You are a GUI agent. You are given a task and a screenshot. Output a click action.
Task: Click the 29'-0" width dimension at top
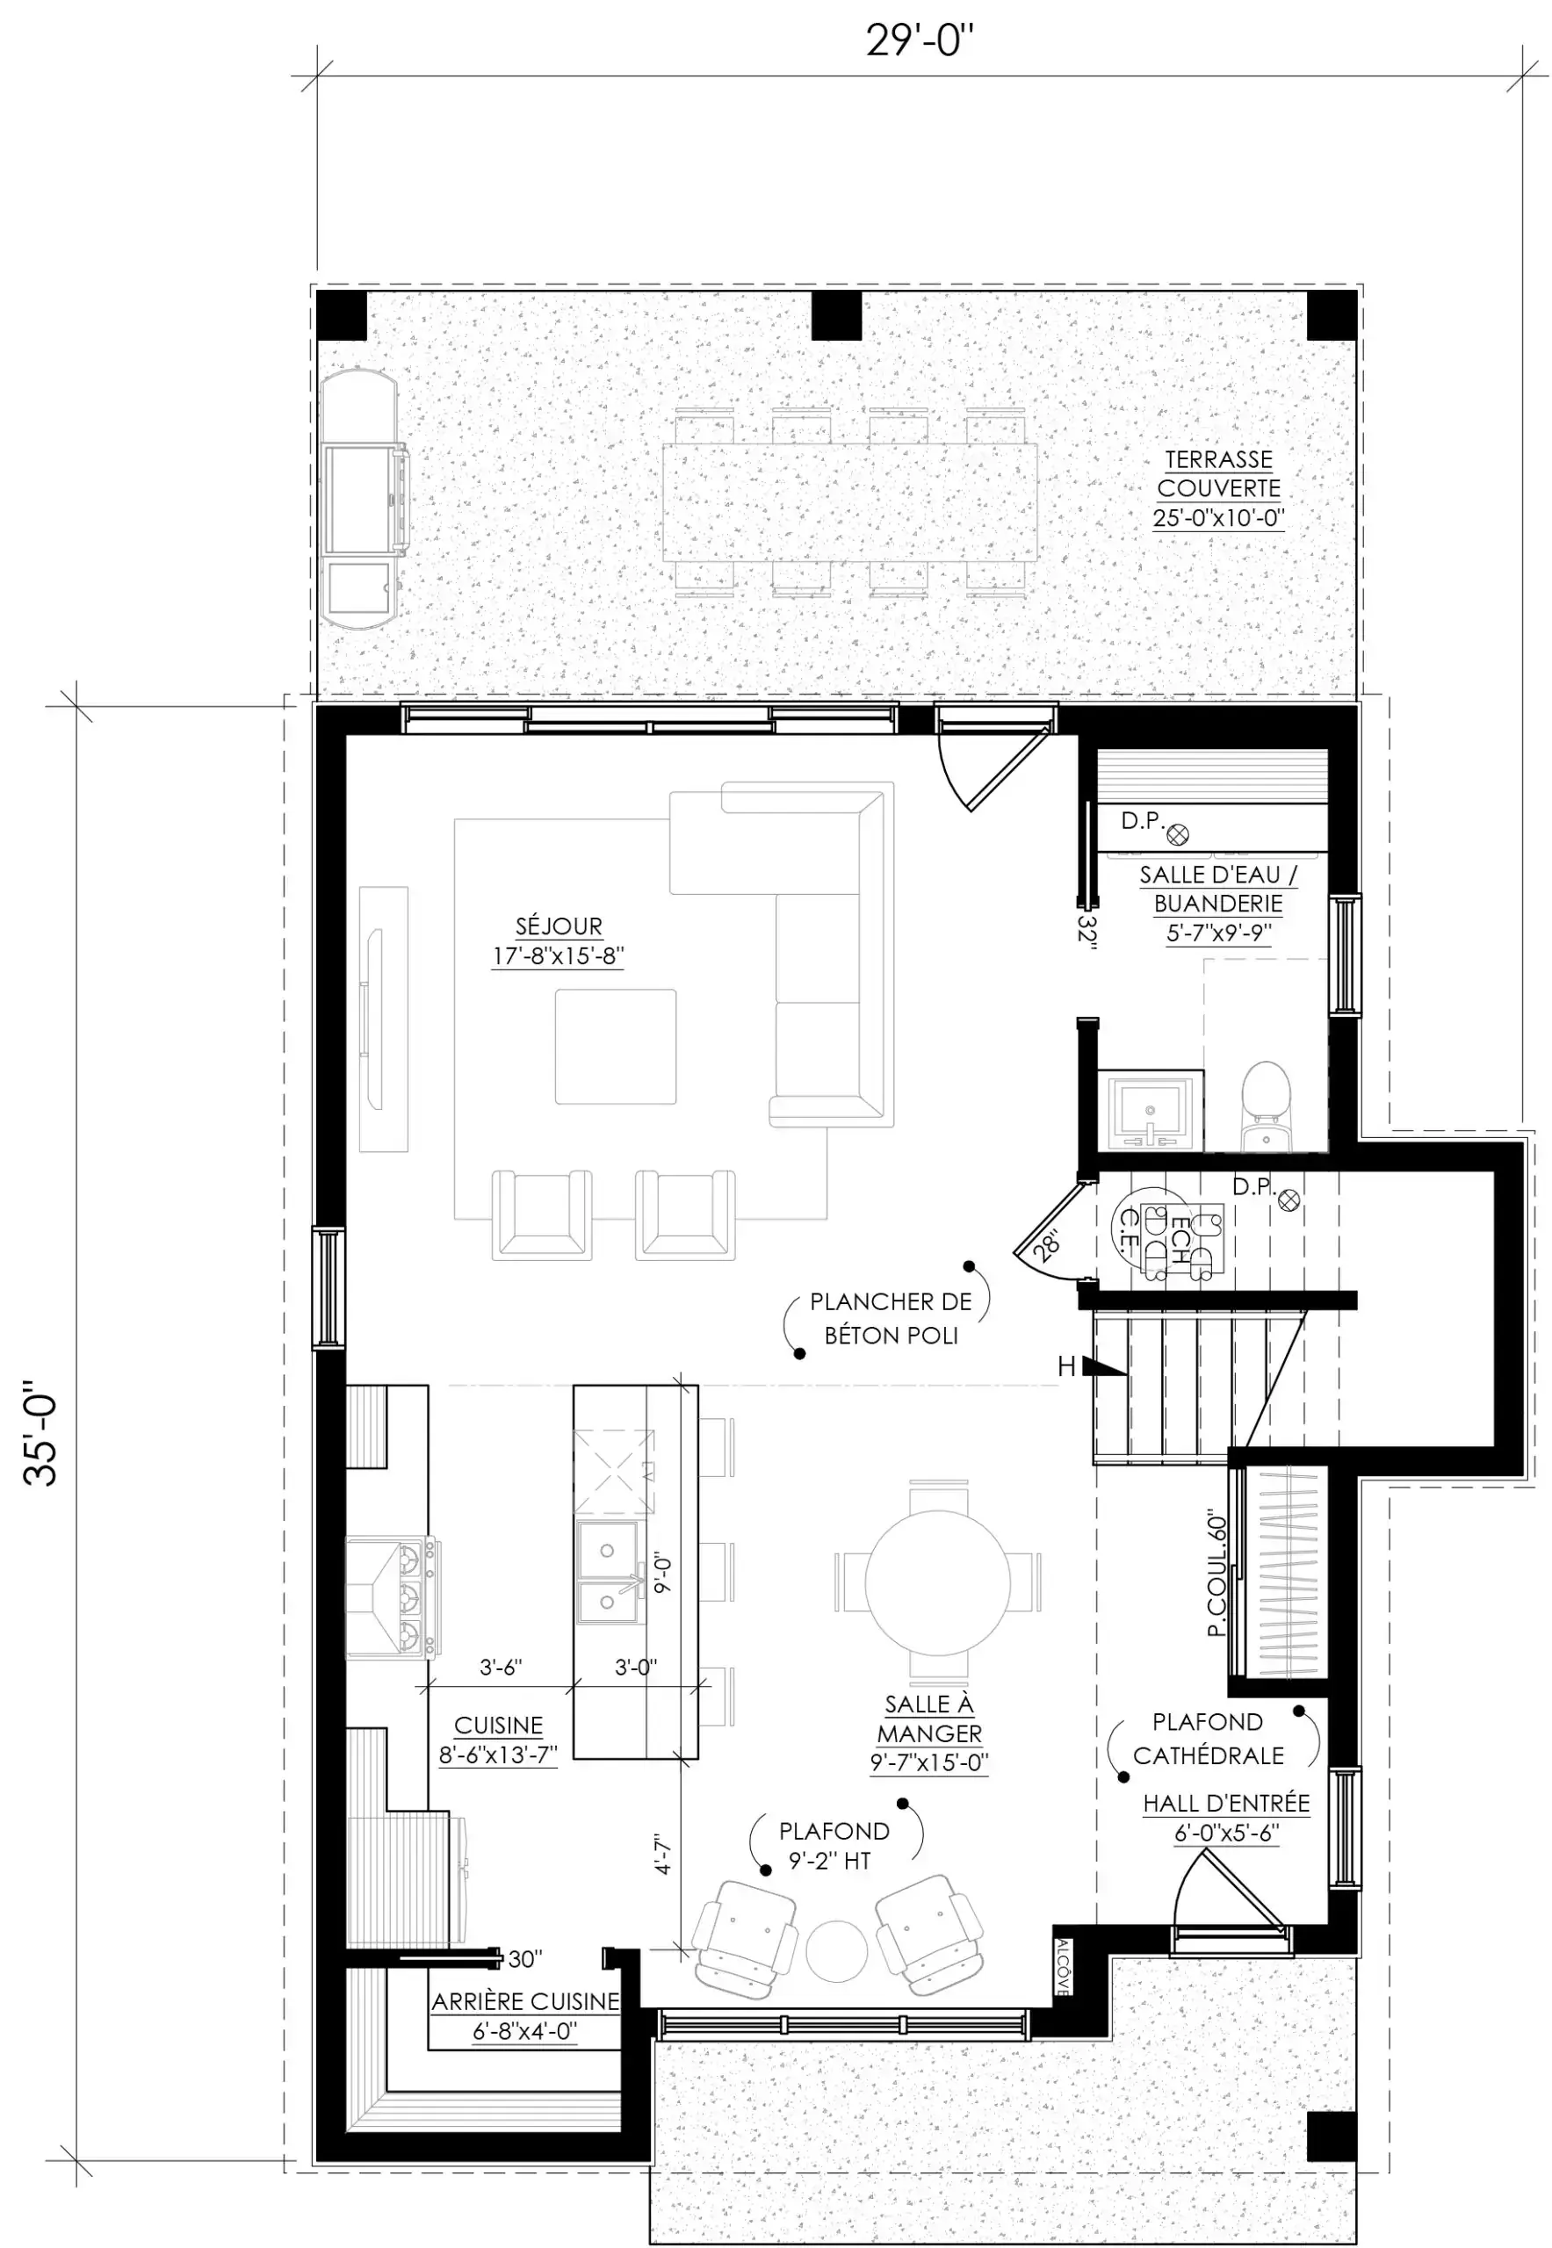[920, 41]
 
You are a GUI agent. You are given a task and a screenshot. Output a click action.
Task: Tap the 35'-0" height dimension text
[40, 1432]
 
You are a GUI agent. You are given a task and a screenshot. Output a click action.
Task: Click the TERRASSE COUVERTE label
[1218, 473]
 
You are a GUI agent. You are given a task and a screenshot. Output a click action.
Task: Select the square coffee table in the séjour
[616, 1046]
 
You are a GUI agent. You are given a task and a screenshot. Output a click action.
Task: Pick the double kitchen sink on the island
[609, 1572]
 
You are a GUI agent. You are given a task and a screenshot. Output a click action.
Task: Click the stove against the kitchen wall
[393, 1596]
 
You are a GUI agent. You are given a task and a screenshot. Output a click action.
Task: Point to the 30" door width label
[525, 1959]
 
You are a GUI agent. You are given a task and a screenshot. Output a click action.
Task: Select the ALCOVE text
[1063, 1967]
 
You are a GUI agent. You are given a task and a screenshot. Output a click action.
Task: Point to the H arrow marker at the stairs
[1091, 1366]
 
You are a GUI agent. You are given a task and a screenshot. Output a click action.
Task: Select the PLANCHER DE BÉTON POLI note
[890, 1317]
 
